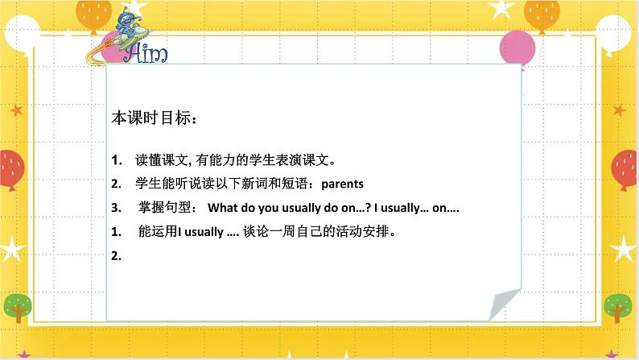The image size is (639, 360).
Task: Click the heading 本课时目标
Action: [x=154, y=118]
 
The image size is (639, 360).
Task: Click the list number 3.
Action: [x=116, y=208]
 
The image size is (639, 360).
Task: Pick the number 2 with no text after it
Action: [x=116, y=257]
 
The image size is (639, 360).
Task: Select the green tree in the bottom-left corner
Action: [x=19, y=307]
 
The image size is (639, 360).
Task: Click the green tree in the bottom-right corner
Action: [x=617, y=307]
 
